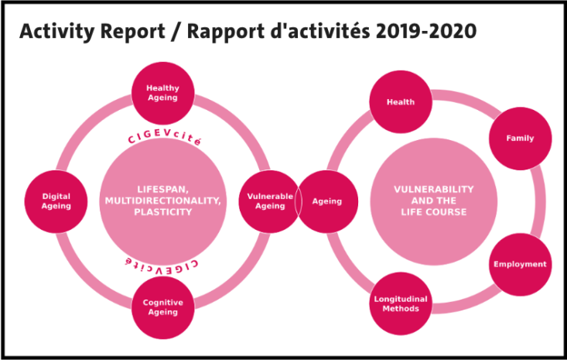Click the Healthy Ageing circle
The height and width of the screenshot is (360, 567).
tap(162, 93)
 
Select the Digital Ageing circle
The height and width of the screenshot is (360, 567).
tap(56, 201)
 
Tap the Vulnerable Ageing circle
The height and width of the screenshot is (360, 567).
tap(270, 201)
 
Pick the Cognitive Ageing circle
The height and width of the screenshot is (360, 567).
tap(162, 307)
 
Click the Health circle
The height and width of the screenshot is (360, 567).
tap(401, 102)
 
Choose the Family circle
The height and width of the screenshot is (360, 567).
tap(521, 139)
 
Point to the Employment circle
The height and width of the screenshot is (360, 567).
tap(521, 264)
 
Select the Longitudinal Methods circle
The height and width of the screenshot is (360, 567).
tap(401, 303)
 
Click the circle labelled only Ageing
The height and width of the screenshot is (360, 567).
tap(327, 201)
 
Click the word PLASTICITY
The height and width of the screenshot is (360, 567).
tap(163, 212)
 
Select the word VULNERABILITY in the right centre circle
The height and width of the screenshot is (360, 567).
tap(434, 189)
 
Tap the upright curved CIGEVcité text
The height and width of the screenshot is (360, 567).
tap(164, 137)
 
